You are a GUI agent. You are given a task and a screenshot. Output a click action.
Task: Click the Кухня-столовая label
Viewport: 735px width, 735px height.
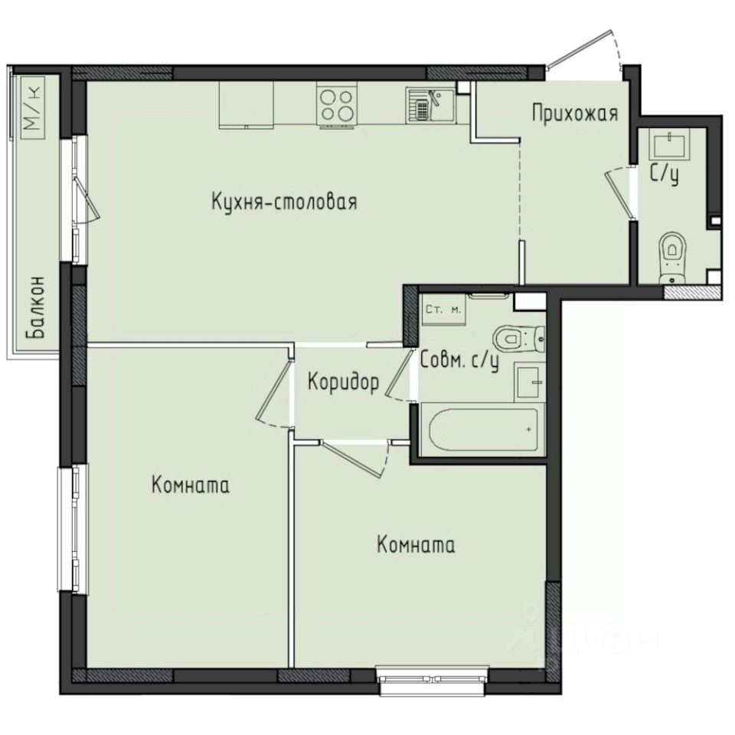(285, 203)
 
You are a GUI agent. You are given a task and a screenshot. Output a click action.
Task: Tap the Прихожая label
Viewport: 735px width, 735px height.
(574, 115)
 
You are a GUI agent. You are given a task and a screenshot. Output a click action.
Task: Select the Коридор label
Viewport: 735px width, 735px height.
(343, 383)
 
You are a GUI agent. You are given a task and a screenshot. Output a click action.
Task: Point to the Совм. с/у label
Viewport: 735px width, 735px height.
(459, 360)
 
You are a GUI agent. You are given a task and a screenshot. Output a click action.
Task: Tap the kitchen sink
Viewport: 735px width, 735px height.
(430, 105)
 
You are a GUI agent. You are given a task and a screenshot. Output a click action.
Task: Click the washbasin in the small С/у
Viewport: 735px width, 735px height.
(671, 143)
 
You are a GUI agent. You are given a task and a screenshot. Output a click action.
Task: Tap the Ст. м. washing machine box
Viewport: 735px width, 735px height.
(443, 310)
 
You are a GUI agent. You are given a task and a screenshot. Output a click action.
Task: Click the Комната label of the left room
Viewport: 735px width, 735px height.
(191, 485)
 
